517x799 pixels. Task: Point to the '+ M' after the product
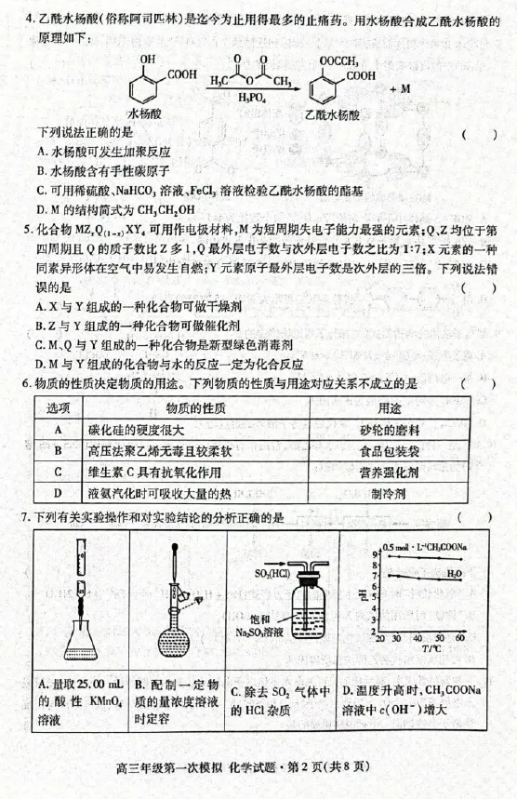(x=400, y=88)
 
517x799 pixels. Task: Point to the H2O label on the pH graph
(x=453, y=574)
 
